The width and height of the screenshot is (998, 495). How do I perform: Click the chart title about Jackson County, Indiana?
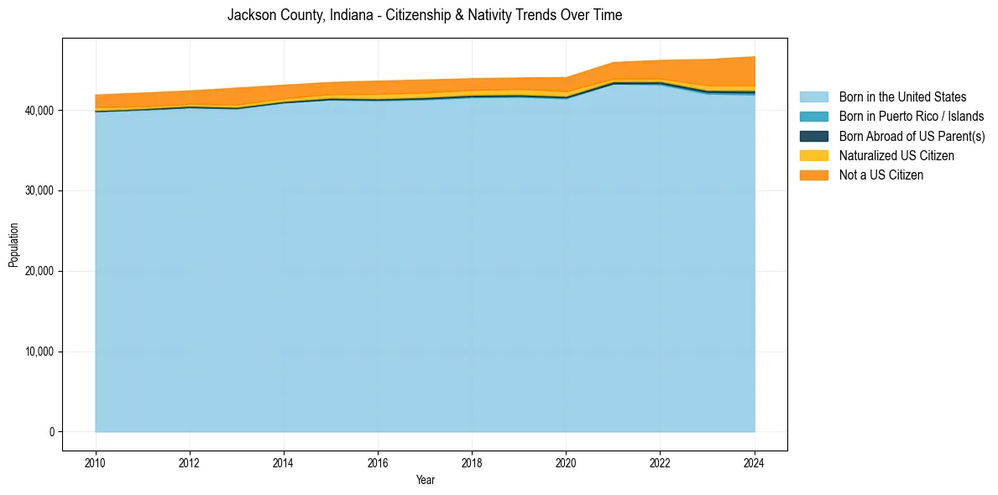click(425, 15)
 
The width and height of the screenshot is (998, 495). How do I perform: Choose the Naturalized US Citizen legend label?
click(896, 156)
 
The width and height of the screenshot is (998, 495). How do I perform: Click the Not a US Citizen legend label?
click(881, 175)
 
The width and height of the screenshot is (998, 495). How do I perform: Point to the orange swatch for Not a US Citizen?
click(813, 175)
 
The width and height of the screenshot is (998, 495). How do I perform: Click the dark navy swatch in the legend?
click(813, 136)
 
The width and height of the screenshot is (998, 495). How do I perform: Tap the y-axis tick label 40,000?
click(40, 111)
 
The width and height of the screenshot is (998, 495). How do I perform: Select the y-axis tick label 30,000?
click(40, 191)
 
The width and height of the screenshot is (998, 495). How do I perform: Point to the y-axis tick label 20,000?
click(40, 272)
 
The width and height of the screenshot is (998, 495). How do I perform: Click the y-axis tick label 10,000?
click(40, 352)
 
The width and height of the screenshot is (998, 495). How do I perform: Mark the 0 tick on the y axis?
click(51, 432)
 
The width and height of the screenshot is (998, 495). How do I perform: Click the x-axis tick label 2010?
click(96, 462)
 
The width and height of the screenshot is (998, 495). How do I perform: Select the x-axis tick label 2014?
click(284, 462)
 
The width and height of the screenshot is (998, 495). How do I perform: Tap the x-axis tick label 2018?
click(473, 462)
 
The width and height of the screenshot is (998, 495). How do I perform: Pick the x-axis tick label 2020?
click(567, 462)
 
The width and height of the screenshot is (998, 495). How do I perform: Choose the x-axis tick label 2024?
click(755, 462)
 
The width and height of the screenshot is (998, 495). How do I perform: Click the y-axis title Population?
click(13, 245)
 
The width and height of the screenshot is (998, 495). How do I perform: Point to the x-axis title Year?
click(426, 480)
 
